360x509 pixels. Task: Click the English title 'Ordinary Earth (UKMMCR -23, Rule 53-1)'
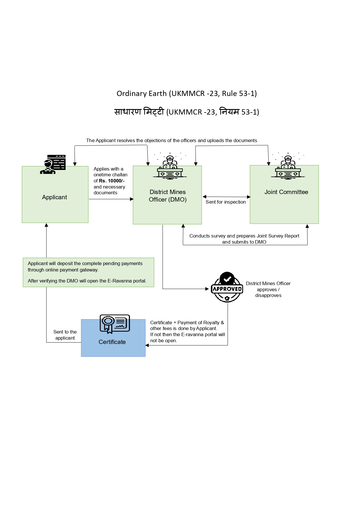point(187,93)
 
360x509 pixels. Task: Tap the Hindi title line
point(187,112)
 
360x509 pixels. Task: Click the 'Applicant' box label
point(55,197)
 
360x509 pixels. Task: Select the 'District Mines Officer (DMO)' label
point(167,196)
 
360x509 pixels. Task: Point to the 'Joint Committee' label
point(286,192)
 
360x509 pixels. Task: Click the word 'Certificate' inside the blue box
point(112,342)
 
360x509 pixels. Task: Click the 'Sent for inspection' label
point(225,202)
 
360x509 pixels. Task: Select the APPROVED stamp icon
point(227,287)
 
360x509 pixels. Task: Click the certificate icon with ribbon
point(115,324)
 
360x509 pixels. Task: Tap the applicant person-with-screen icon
point(53,164)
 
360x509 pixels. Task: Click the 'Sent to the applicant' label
point(65,335)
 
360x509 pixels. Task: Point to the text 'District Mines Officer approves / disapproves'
point(268,289)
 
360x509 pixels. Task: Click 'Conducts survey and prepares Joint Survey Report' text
point(244,236)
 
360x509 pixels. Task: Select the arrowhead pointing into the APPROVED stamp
point(207,289)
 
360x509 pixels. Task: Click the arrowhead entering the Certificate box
point(147,345)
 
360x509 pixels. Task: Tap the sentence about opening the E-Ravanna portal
point(87,281)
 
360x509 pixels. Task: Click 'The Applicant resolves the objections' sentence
point(171,140)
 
